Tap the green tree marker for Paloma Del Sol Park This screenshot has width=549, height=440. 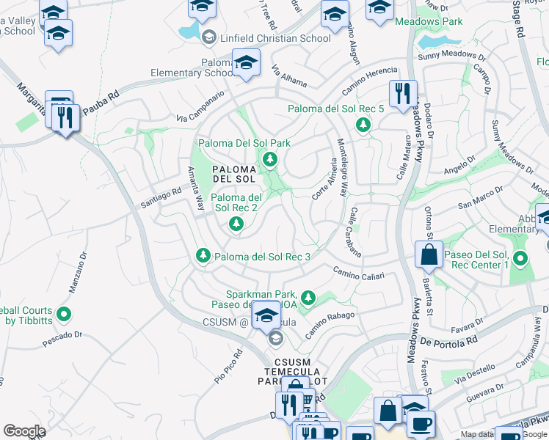pyautogui.click(x=270, y=158)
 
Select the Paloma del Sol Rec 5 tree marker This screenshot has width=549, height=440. pyautogui.click(x=363, y=125)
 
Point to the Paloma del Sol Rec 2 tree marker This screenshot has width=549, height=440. pyautogui.click(x=236, y=223)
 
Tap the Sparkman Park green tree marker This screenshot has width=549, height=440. pyautogui.click(x=309, y=297)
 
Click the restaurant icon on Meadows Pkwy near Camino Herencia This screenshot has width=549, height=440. pyautogui.click(x=403, y=94)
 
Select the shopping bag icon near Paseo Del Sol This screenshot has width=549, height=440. pyautogui.click(x=429, y=254)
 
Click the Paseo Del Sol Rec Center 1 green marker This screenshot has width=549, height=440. pyautogui.click(x=520, y=258)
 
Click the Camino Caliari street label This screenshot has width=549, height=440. pyautogui.click(x=359, y=273)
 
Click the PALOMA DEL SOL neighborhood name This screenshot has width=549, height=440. pyautogui.click(x=233, y=174)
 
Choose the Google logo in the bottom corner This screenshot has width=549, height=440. pyautogui.click(x=24, y=430)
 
